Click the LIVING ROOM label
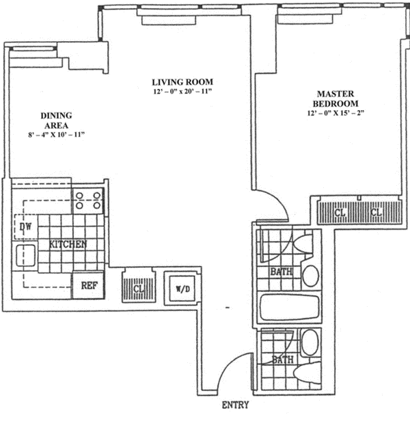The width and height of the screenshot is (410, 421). (x=182, y=82)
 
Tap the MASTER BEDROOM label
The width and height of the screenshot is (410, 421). (x=336, y=98)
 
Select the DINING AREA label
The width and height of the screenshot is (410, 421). (x=57, y=120)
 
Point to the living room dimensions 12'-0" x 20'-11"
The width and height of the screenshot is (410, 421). (x=182, y=92)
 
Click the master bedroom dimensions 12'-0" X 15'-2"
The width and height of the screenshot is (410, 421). (x=336, y=113)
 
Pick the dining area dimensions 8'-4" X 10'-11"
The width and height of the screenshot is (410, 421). (x=57, y=135)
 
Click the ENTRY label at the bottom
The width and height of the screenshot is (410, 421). (x=235, y=405)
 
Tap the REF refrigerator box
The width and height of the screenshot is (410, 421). (x=89, y=286)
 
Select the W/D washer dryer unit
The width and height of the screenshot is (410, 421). (x=182, y=288)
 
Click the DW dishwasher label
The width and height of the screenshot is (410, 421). (x=25, y=227)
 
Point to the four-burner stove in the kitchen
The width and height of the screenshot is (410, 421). (x=88, y=200)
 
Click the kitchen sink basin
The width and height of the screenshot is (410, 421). (x=25, y=256)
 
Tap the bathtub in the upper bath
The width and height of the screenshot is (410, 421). (x=290, y=308)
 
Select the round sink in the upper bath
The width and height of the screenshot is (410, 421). (x=311, y=275)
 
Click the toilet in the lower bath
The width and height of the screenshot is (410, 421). (x=307, y=373)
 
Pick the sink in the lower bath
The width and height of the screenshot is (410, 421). (x=310, y=342)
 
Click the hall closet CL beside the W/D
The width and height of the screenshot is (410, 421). (x=139, y=288)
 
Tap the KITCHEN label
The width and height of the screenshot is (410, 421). (x=68, y=245)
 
